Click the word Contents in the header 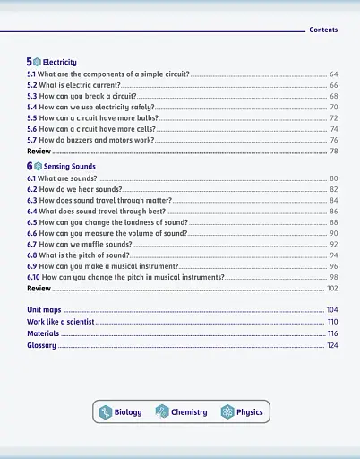click(x=323, y=30)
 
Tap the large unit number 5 click(x=30, y=61)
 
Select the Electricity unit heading click(x=59, y=62)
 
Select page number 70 click(x=333, y=107)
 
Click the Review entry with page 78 click(x=39, y=152)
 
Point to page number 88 click(x=333, y=222)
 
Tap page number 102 click(x=332, y=289)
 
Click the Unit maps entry click(x=44, y=309)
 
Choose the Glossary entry click(x=41, y=345)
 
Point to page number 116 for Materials click(x=332, y=333)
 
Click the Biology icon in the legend click(x=104, y=411)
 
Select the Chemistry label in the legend click(x=189, y=412)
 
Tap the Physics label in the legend click(x=250, y=412)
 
